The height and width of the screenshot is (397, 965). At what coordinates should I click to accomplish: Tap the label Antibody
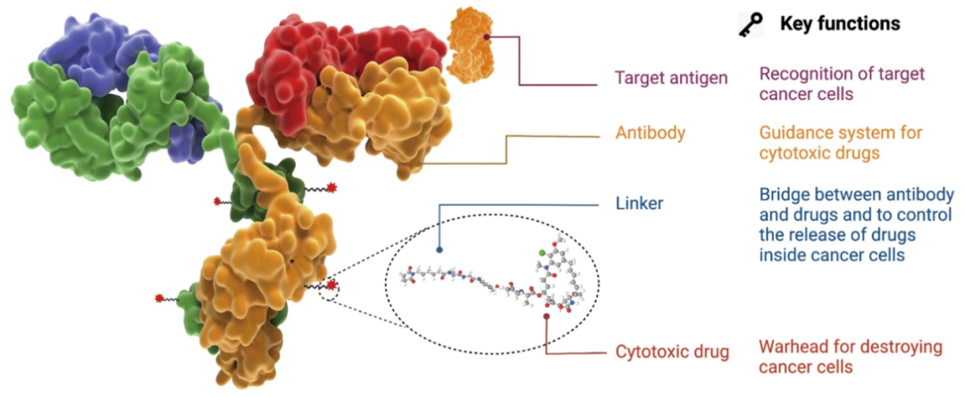point(650,132)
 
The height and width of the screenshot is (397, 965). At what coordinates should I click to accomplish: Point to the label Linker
point(640,204)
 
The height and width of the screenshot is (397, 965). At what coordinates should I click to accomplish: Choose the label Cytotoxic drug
point(672,351)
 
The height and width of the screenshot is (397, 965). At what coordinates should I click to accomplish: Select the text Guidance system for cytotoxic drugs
point(841,142)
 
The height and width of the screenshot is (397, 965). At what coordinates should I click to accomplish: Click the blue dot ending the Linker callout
point(440,250)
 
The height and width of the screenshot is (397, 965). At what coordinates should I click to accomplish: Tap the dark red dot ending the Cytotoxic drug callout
point(547,316)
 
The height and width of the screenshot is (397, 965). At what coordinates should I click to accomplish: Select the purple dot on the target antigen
point(486,37)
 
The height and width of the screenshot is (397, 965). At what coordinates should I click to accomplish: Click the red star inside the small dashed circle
point(331,285)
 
